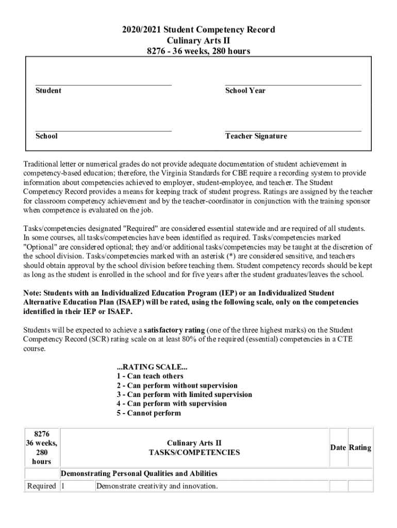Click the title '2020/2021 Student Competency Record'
[x=198, y=29]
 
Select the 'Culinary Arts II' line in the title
[x=198, y=40]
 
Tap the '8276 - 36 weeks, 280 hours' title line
[x=198, y=51]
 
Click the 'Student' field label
[x=48, y=91]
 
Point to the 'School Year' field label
[x=245, y=91]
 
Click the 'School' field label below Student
[x=46, y=136]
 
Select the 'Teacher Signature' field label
[x=256, y=136]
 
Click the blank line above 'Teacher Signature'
[x=293, y=131]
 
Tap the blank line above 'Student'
[x=103, y=85]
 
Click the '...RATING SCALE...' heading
[x=152, y=367]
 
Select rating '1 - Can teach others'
[x=150, y=376]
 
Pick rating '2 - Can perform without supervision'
[x=177, y=385]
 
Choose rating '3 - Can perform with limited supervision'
[x=184, y=394]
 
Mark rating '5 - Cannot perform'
[x=148, y=413]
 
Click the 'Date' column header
[x=338, y=448]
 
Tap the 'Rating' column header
[x=360, y=448]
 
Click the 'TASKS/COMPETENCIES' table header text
[x=194, y=453]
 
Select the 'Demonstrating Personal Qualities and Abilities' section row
[x=139, y=473]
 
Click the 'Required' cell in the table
[x=41, y=486]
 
